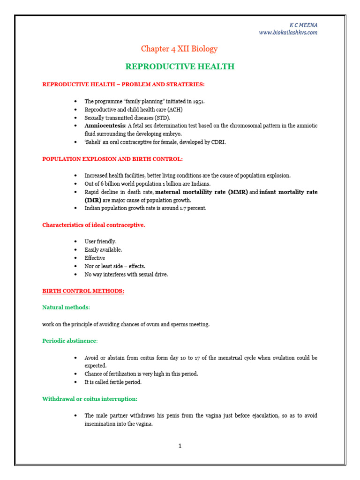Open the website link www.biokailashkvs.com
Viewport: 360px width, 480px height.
click(288, 32)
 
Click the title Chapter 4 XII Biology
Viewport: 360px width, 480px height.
click(180, 49)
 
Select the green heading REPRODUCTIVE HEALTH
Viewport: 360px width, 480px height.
click(180, 67)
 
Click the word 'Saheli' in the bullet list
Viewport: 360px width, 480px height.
click(93, 142)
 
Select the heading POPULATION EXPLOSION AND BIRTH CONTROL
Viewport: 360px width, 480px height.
click(112, 159)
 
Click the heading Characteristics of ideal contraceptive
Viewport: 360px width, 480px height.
click(94, 225)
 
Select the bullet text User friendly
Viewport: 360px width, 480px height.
click(100, 241)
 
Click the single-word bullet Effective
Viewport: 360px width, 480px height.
click(95, 258)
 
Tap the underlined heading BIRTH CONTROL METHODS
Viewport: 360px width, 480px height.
click(83, 291)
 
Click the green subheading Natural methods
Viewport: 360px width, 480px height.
click(65, 307)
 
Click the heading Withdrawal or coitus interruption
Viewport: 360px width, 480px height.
click(90, 399)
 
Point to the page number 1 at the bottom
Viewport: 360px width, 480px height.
click(180, 446)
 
